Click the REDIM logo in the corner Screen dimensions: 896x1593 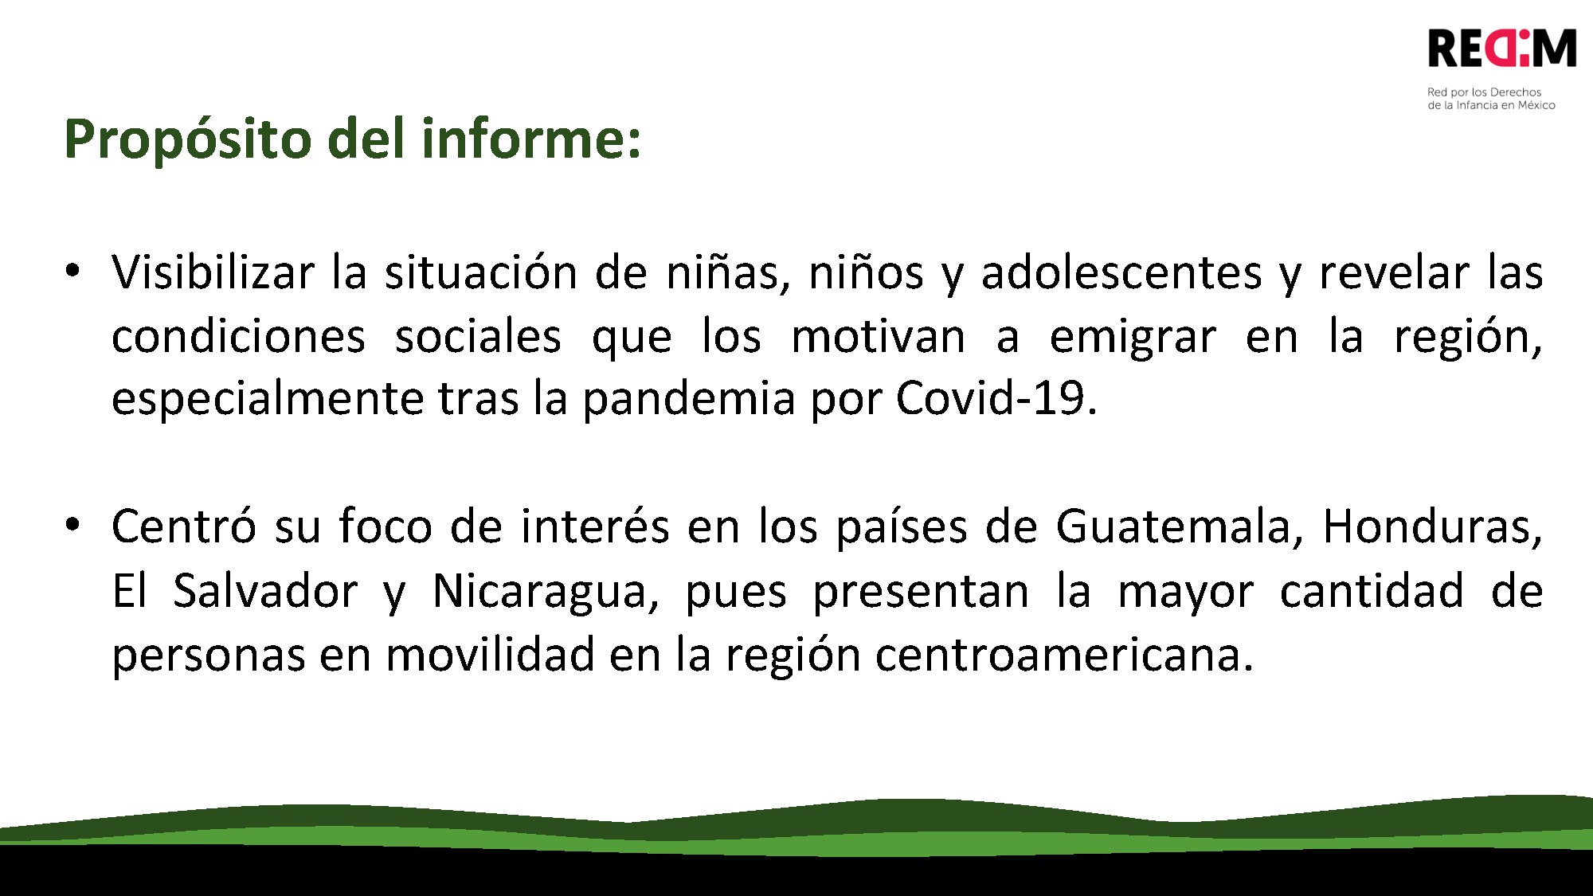click(x=1502, y=49)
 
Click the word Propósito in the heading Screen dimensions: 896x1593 click(x=188, y=139)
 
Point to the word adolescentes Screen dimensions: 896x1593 click(x=1121, y=272)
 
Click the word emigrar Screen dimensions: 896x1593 click(x=1133, y=337)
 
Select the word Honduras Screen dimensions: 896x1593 click(x=1432, y=526)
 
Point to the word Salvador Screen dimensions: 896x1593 click(x=265, y=591)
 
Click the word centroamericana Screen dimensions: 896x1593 click(x=1064, y=655)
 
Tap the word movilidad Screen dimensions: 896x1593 click(x=490, y=655)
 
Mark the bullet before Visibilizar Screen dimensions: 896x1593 click(x=72, y=270)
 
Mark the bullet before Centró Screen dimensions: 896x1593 click(x=72, y=524)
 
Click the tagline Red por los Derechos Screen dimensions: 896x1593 click(x=1484, y=92)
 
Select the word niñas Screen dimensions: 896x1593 click(x=728, y=272)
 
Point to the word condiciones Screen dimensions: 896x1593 click(x=238, y=337)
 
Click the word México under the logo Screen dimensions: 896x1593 click(x=1536, y=105)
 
